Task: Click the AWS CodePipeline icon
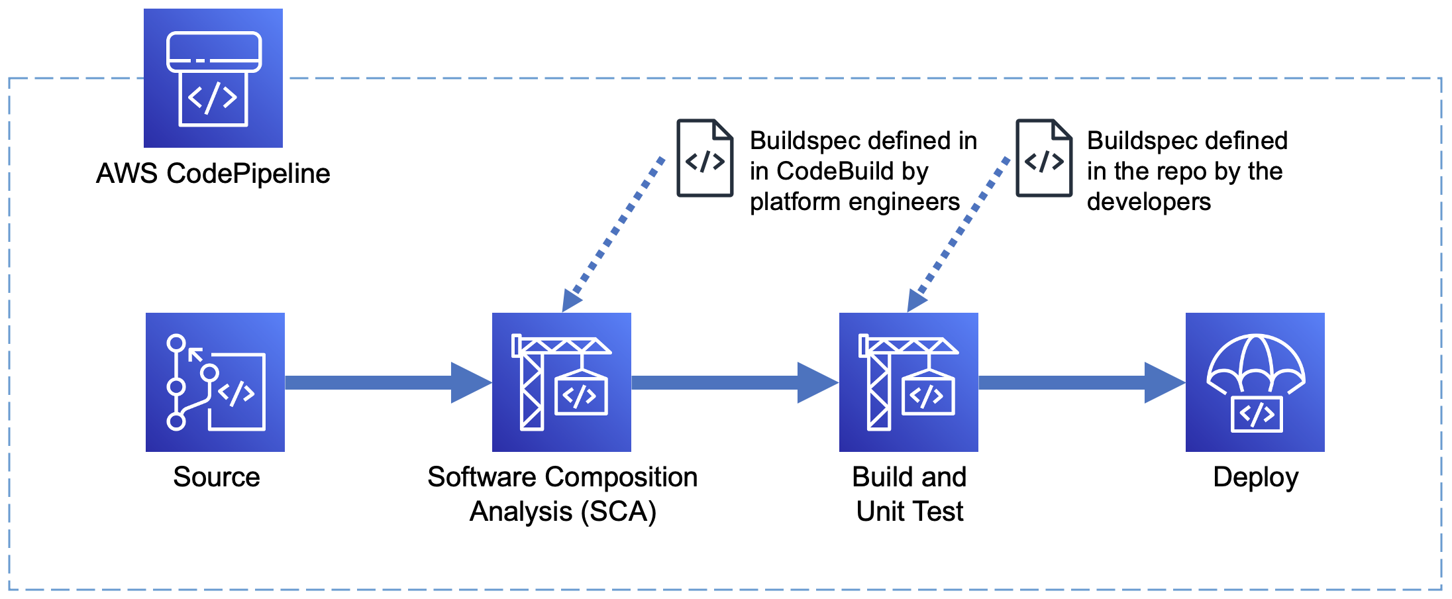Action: pyautogui.click(x=213, y=78)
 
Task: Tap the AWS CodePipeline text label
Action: pyautogui.click(x=213, y=174)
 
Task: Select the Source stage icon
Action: pyautogui.click(x=215, y=382)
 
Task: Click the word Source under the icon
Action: pyautogui.click(x=216, y=477)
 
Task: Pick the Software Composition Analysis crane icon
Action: pyautogui.click(x=561, y=382)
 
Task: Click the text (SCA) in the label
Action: pyautogui.click(x=619, y=512)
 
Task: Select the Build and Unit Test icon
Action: pyautogui.click(x=908, y=382)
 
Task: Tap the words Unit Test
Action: pyautogui.click(x=909, y=512)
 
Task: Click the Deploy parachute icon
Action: pyautogui.click(x=1255, y=382)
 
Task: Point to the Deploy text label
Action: pyautogui.click(x=1255, y=477)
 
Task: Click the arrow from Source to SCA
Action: pyautogui.click(x=388, y=382)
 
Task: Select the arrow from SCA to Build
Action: pyautogui.click(x=734, y=382)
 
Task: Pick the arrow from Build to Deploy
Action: pyautogui.click(x=1081, y=382)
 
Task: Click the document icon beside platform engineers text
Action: pyautogui.click(x=705, y=158)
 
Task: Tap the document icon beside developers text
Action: pyautogui.click(x=1044, y=158)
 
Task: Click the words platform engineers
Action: pyautogui.click(x=855, y=201)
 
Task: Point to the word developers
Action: pyautogui.click(x=1149, y=201)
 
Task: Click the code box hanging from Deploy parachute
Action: pyautogui.click(x=1257, y=414)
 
